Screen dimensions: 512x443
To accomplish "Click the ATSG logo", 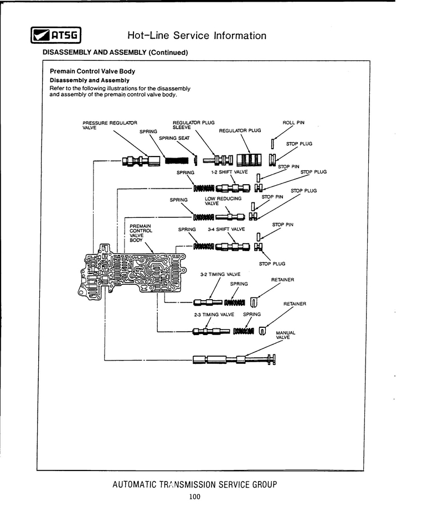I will click(55, 36).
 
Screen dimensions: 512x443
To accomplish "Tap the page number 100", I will click(194, 497).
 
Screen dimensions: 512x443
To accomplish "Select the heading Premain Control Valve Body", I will click(92, 71).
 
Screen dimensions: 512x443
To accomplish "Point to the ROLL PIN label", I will click(293, 122).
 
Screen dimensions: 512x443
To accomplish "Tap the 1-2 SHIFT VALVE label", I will click(229, 172).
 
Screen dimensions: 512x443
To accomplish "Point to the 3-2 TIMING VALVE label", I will click(220, 274).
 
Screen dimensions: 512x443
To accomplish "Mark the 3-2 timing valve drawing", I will click(208, 302).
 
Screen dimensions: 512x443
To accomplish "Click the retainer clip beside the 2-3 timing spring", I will click(263, 331).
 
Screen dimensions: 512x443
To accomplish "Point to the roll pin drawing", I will click(273, 143).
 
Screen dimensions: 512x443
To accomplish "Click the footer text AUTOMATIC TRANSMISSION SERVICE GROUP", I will click(194, 485).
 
